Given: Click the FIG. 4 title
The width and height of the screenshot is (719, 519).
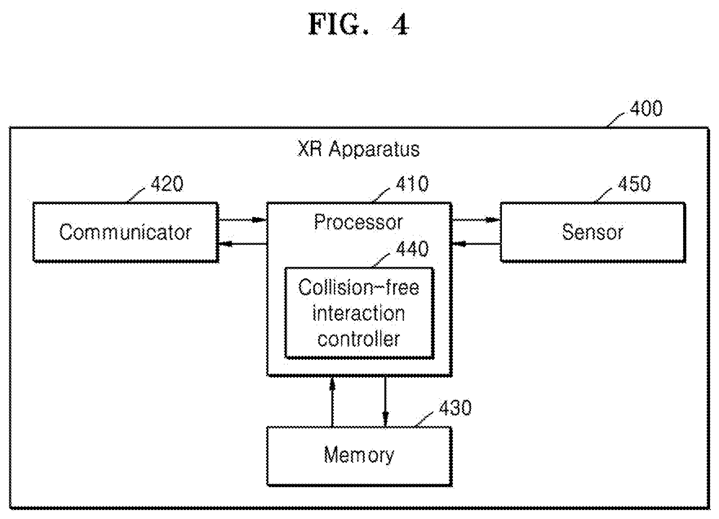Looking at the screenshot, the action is pos(359,25).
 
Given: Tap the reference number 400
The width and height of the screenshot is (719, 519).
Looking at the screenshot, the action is pos(646,109).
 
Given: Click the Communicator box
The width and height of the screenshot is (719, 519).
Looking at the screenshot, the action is pos(125,232).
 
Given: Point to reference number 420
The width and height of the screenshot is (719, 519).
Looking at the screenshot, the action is pos(167,184).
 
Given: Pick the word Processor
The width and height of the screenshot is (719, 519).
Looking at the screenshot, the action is pos(359,222).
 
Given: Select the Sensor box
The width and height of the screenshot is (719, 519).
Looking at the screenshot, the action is pos(593,232).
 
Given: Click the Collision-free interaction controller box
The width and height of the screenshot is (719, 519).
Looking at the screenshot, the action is pos(359,313).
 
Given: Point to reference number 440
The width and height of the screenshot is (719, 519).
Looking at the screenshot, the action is pos(412,249).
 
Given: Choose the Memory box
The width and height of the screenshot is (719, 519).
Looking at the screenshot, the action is pos(359,456).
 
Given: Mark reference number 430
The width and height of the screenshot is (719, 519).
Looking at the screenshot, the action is pos(455,408).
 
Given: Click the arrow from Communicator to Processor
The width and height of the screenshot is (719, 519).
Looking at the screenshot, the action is pos(242,220).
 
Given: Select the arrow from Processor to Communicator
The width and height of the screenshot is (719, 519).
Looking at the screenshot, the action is pos(242,244).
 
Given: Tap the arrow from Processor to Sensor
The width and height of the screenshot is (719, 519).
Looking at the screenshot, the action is pos(476,220).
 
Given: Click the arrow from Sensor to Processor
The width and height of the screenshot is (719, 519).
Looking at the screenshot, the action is pos(476,244).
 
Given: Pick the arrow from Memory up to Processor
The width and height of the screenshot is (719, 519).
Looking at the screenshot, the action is pos(332,401).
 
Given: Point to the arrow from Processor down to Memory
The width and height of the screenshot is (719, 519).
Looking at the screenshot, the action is pos(385,401).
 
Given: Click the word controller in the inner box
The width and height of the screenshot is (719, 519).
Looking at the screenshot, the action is pos(359,339).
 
